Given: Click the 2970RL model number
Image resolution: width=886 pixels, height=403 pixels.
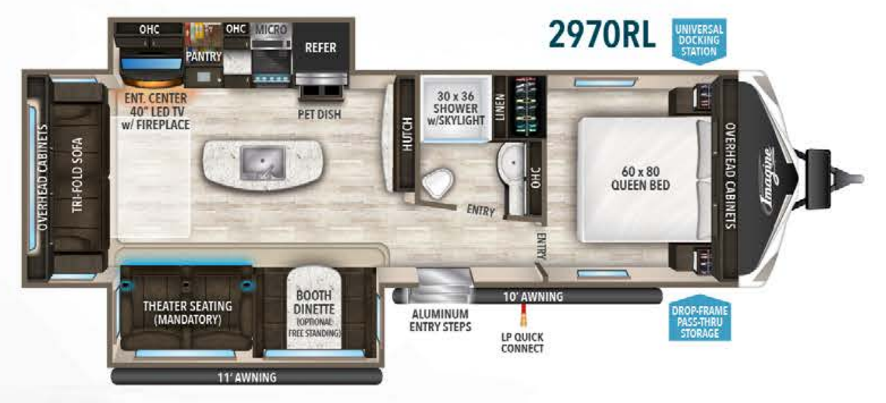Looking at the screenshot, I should click(601, 34).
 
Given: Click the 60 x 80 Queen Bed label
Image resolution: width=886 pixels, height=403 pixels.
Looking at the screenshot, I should click(641, 177).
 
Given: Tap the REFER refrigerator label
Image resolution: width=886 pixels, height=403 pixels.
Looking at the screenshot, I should click(320, 48).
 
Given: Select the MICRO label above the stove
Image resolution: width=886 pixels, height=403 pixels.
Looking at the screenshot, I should click(270, 30).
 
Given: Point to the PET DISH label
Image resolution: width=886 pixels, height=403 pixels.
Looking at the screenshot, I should click(319, 114).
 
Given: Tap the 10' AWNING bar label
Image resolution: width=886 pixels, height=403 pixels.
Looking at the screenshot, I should click(533, 296).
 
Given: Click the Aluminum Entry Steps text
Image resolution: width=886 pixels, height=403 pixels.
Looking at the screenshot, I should click(440, 321).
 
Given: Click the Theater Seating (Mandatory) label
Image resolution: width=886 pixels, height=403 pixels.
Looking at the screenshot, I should click(187, 312).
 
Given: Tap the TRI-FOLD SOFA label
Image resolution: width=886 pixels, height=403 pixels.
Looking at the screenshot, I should click(78, 175).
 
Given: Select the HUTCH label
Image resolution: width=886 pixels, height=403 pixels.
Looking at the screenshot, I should click(406, 135).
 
